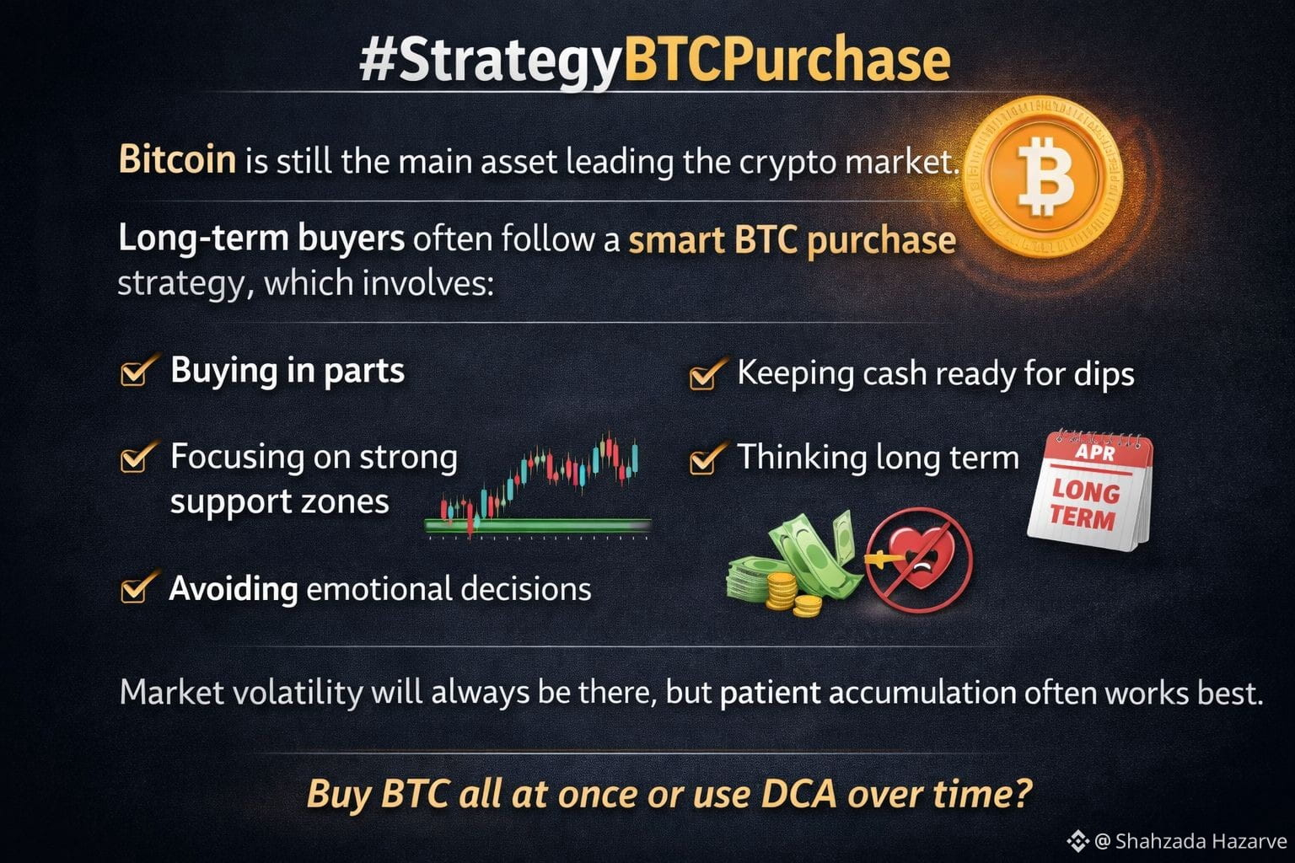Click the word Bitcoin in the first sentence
[177, 158]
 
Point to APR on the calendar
[1095, 452]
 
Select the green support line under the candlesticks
[538, 525]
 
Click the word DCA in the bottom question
[799, 794]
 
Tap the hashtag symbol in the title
[378, 61]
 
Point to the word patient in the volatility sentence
[770, 693]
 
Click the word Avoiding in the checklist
[234, 589]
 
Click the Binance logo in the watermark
[1077, 841]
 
